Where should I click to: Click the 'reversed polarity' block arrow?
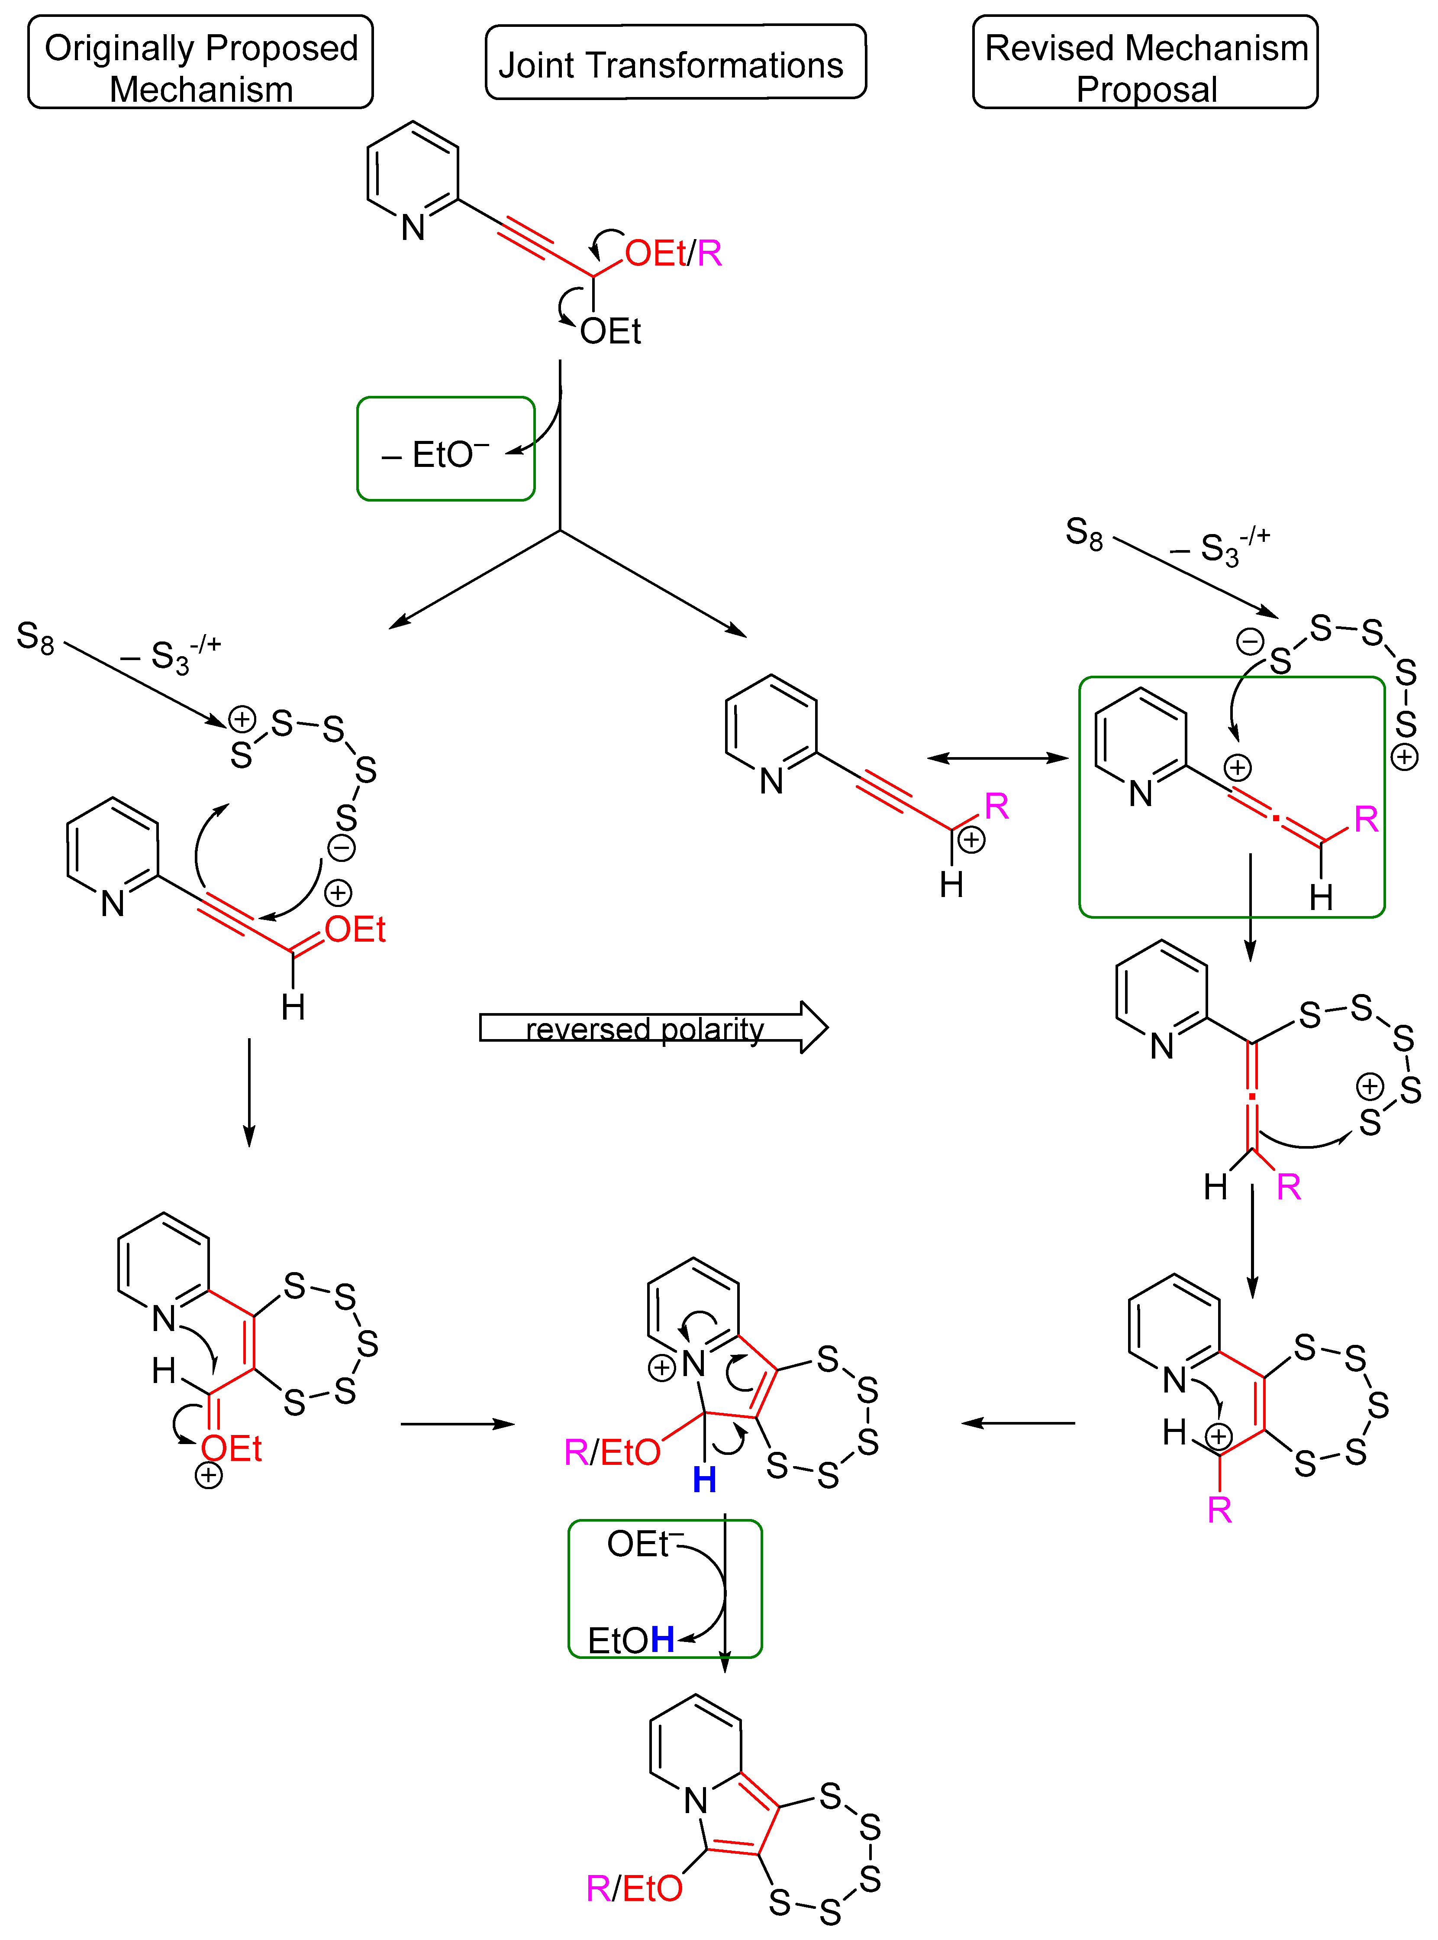coord(653,1027)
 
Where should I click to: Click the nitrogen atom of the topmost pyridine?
coord(413,227)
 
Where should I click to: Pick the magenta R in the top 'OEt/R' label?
coord(709,253)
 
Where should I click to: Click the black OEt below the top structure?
coord(610,332)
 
